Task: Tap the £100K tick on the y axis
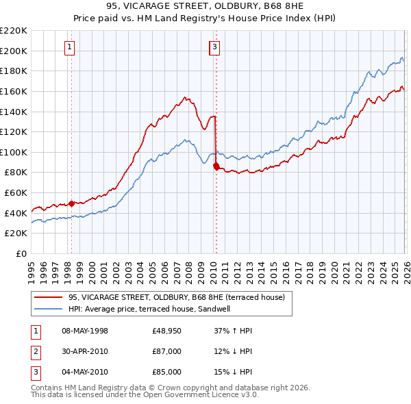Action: tap(15, 152)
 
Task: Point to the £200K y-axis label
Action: tap(15, 51)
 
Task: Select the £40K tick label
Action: tap(17, 213)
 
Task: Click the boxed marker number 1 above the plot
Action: tap(71, 47)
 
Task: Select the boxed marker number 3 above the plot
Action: tap(215, 47)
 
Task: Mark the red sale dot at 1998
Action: tap(71, 203)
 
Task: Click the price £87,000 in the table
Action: tap(167, 351)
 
